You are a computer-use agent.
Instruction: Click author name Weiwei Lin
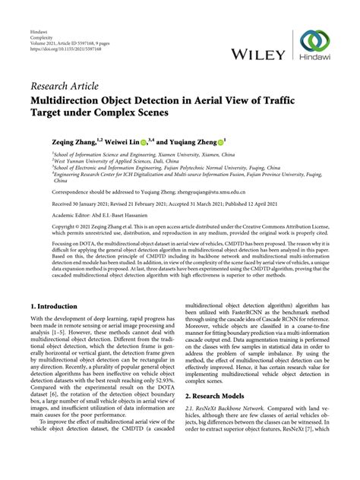121,142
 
